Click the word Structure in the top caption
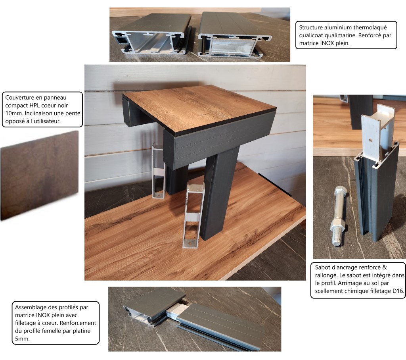(x=311, y=27)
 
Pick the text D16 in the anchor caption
(x=398, y=291)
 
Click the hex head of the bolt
(x=341, y=191)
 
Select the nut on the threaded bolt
(x=338, y=225)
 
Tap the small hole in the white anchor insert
(x=371, y=140)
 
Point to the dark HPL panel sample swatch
(x=39, y=175)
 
